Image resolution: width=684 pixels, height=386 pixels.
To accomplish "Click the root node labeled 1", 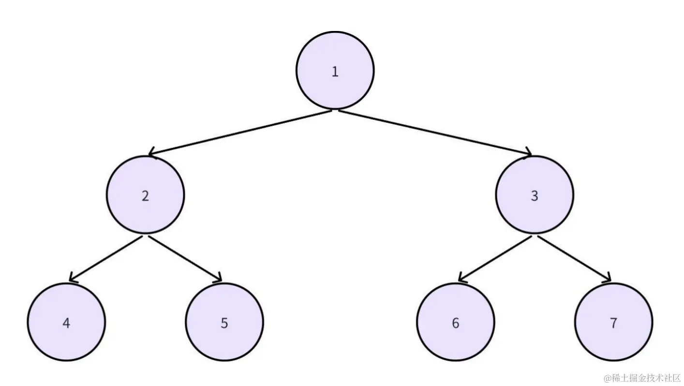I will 335,70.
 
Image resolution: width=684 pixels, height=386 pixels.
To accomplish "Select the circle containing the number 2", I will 146,195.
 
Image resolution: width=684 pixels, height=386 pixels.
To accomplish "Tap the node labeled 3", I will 535,195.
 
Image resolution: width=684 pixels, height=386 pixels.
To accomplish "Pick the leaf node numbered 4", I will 66,322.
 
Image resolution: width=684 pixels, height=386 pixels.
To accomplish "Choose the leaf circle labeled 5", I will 224,322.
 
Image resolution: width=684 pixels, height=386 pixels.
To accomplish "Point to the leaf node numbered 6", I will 456,322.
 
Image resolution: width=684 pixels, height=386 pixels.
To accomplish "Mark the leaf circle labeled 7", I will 613,322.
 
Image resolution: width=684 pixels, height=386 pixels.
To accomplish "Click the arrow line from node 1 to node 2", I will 240,133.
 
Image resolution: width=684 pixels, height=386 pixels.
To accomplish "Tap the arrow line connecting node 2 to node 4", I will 106,258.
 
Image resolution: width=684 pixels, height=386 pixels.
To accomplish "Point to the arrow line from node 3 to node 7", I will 574,258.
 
